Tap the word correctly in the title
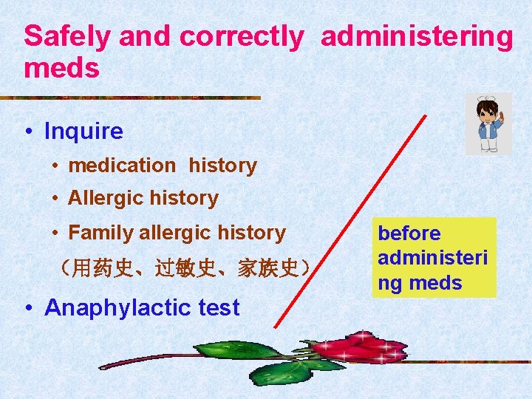pyautogui.click(x=241, y=37)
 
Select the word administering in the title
pyautogui.click(x=416, y=37)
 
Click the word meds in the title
pyautogui.click(x=61, y=69)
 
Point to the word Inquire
pyautogui.click(x=83, y=132)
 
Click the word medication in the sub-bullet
pyautogui.click(x=122, y=166)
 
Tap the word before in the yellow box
pyautogui.click(x=409, y=233)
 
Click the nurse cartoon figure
pyautogui.click(x=488, y=124)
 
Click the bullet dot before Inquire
pyautogui.click(x=27, y=132)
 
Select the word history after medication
pyautogui.click(x=222, y=166)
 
